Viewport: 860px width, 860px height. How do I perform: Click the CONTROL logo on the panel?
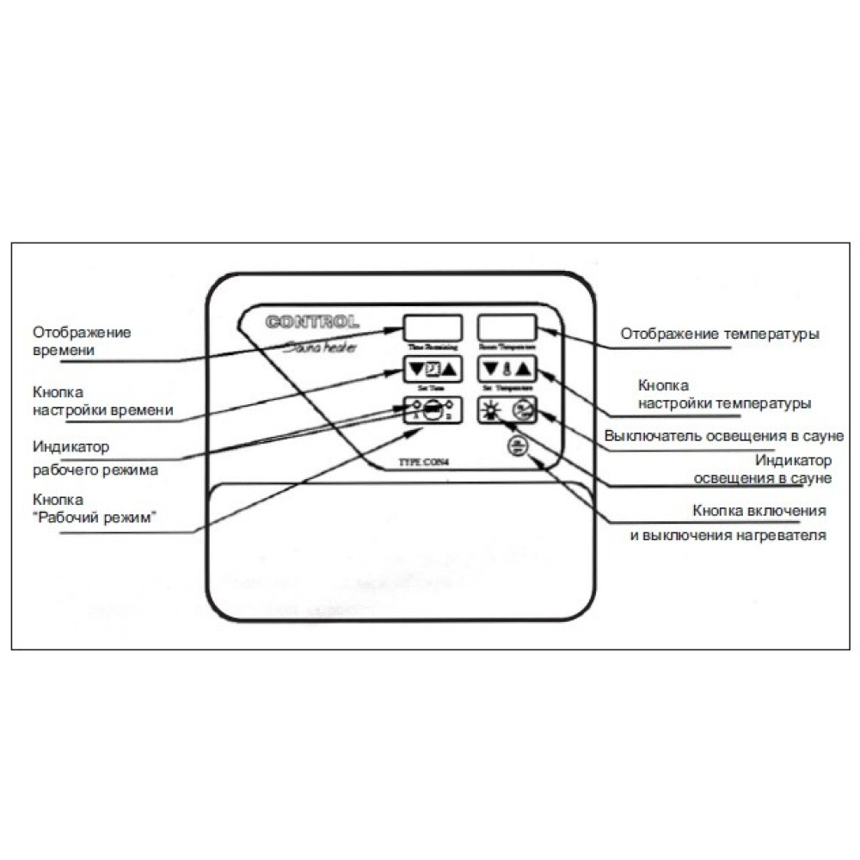click(x=312, y=323)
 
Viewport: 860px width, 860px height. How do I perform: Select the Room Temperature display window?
click(x=507, y=328)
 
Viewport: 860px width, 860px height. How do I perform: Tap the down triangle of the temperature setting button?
click(x=490, y=370)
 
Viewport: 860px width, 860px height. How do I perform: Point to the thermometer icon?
click(x=507, y=370)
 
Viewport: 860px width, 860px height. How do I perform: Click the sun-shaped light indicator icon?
click(x=491, y=411)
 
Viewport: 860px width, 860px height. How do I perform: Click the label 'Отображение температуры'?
click(x=719, y=334)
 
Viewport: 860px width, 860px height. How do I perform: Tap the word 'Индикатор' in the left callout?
click(x=71, y=448)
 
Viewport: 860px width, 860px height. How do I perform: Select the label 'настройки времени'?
click(x=103, y=411)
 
